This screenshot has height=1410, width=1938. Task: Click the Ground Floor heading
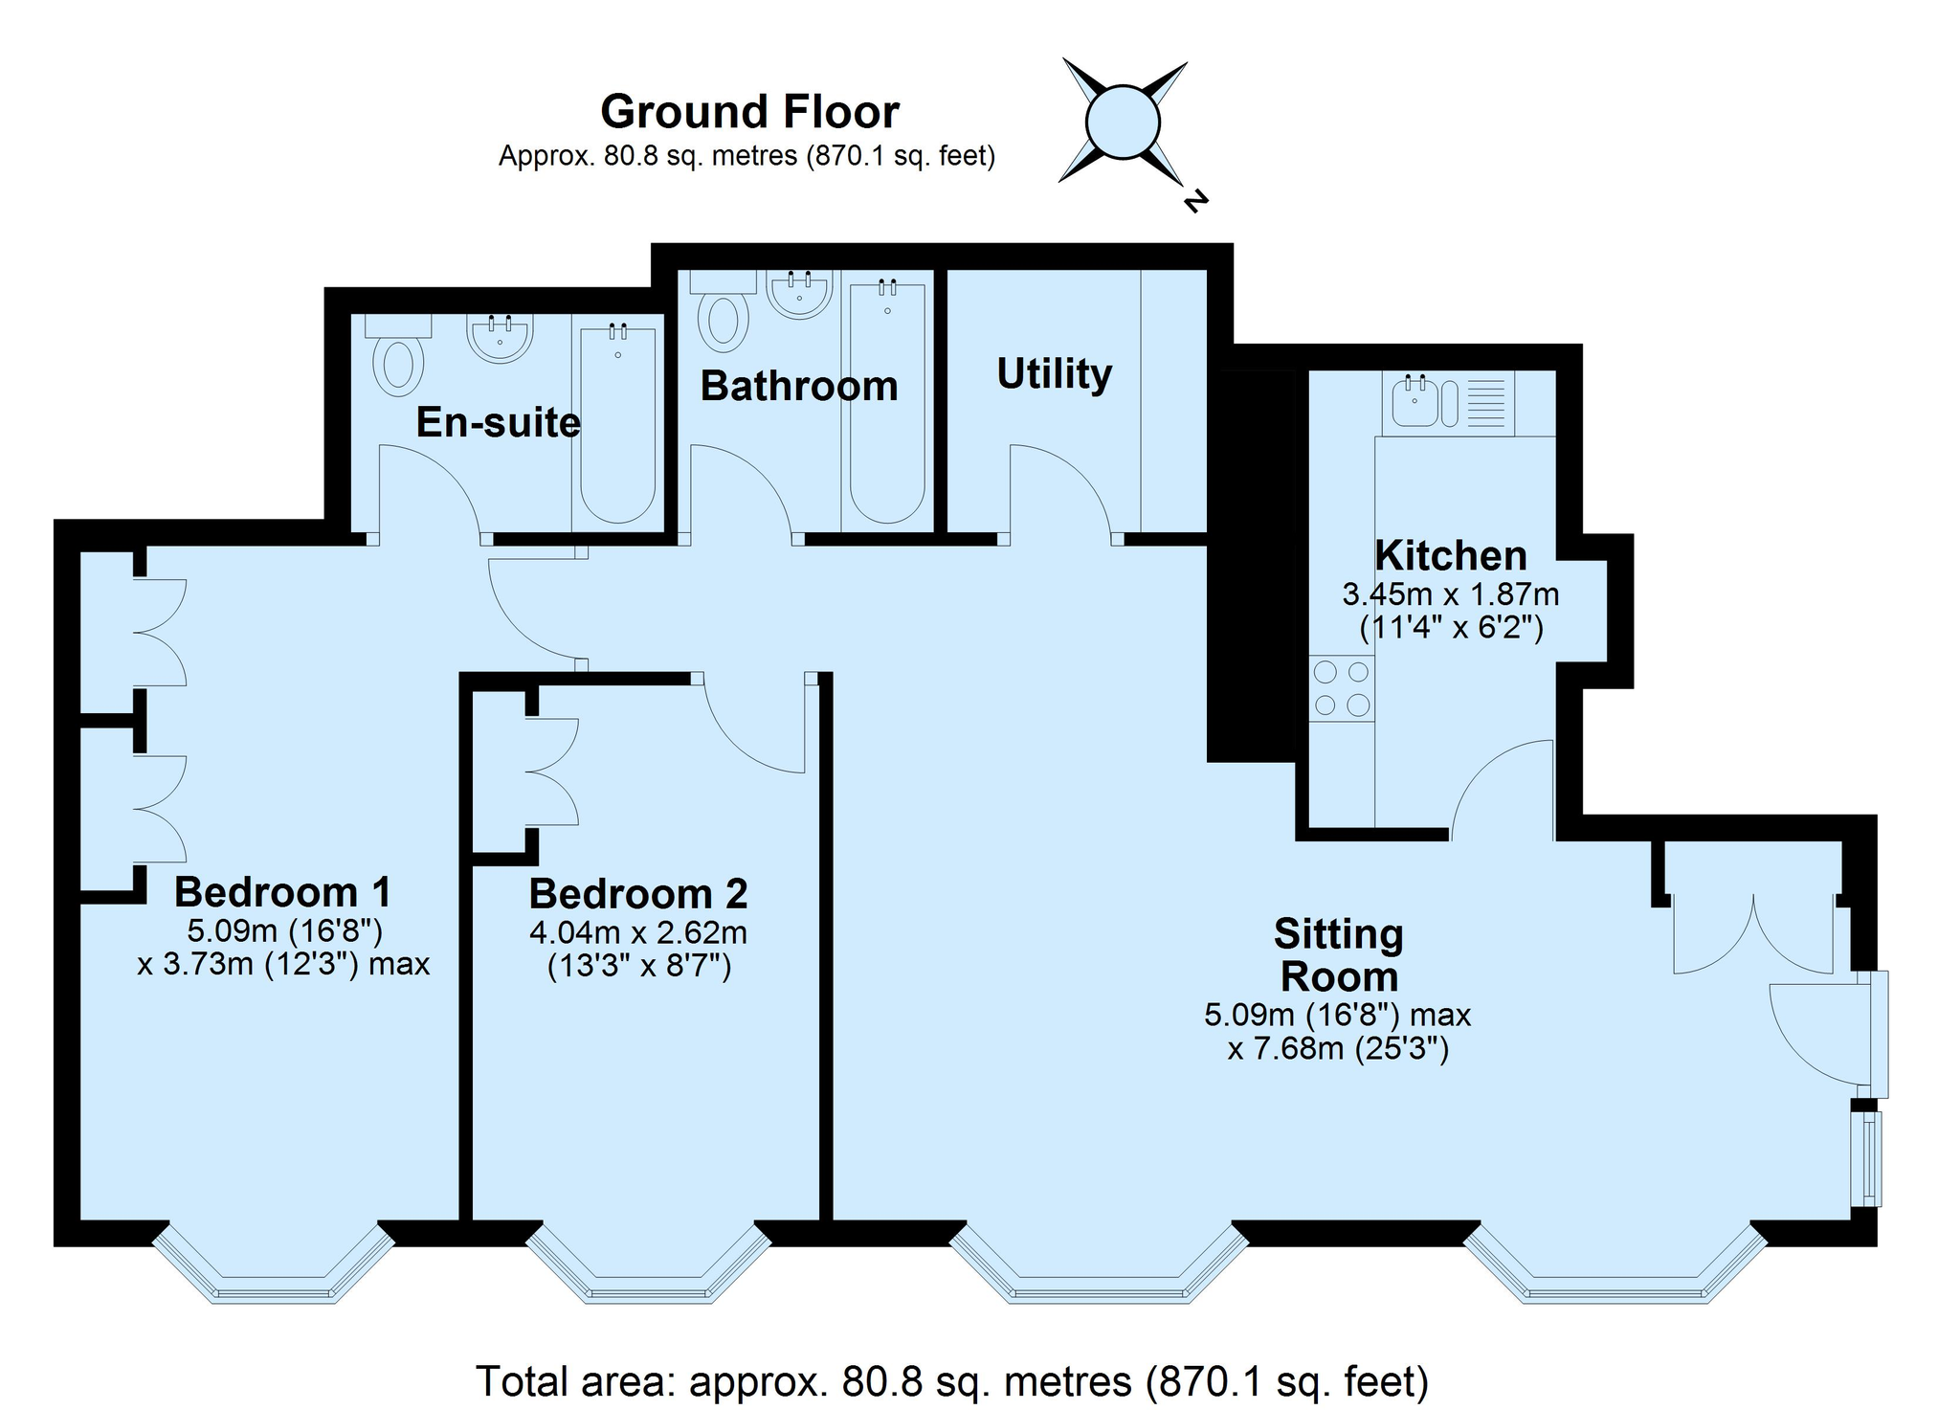click(749, 112)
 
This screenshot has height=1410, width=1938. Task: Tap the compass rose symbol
click(1123, 122)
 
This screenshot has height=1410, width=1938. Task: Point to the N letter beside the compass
click(1195, 200)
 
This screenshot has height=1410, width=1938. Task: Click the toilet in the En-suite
click(399, 355)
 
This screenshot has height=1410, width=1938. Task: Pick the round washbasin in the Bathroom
click(799, 295)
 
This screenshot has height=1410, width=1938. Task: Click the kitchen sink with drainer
click(1448, 402)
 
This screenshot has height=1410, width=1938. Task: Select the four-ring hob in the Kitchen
click(1342, 689)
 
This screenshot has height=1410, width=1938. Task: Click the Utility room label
click(1054, 374)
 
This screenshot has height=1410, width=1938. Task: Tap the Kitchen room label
click(1451, 555)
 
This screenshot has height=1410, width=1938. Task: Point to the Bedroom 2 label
click(638, 893)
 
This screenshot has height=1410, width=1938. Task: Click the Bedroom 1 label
click(283, 892)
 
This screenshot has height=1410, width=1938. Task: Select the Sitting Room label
click(1339, 955)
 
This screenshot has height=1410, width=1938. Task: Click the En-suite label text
click(499, 422)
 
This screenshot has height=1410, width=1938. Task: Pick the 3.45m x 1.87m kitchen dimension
click(1451, 594)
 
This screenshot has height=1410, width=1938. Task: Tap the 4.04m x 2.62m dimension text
click(638, 931)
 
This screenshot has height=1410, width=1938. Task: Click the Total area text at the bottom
click(952, 1381)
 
